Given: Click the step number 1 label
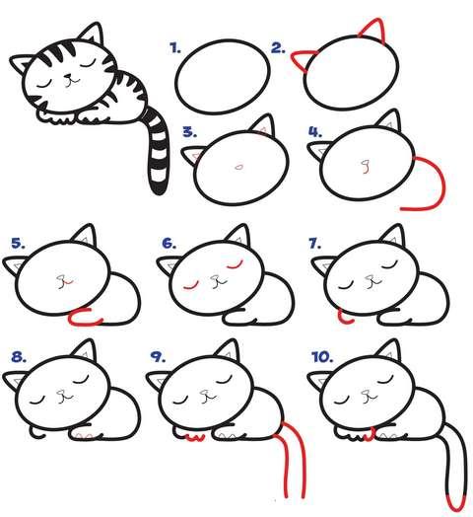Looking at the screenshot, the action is click(175, 48).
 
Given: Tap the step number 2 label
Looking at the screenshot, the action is click(278, 48).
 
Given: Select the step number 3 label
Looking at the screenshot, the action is click(190, 132).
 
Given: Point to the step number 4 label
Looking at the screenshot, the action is click(315, 132).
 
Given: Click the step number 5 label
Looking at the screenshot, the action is click(18, 244).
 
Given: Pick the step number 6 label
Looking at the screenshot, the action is click(169, 244).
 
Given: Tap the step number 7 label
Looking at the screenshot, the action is click(315, 244).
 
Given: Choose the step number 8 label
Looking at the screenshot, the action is click(19, 357).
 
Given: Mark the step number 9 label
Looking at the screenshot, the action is click(158, 357).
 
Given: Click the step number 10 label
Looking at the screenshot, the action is click(322, 357).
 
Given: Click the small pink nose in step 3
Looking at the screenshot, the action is click(239, 167).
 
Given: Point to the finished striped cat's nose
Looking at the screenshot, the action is click(68, 77).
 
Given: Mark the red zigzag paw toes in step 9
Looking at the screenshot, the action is click(196, 438).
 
